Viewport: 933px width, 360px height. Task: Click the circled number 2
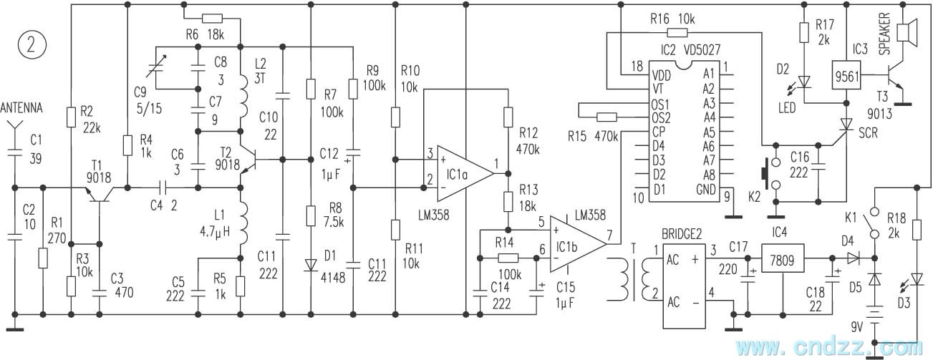(x=33, y=44)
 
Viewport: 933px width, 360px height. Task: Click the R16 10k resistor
(x=677, y=32)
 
